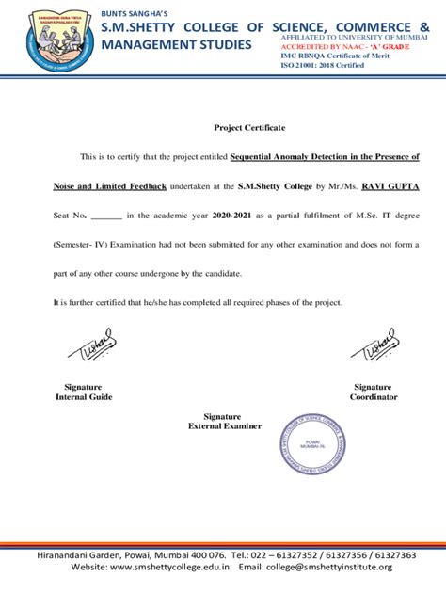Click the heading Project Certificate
(x=249, y=127)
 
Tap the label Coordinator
(x=374, y=396)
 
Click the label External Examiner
(x=224, y=426)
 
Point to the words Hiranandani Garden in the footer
(x=81, y=555)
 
